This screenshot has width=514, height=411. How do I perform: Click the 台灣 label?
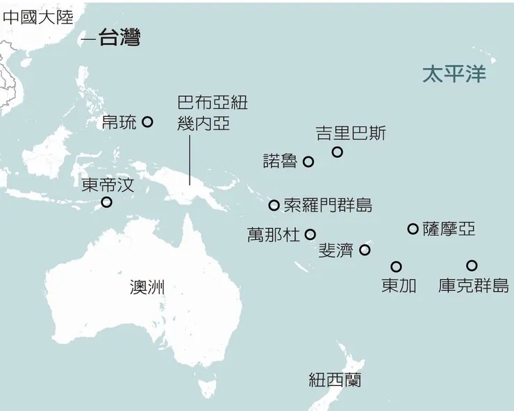click(119, 38)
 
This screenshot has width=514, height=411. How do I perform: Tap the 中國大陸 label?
click(37, 17)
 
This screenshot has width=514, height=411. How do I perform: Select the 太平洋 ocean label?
click(454, 74)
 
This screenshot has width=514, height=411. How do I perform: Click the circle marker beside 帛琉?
click(147, 122)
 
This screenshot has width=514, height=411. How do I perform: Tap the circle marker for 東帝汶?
click(106, 202)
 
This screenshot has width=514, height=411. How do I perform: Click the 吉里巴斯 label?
click(351, 133)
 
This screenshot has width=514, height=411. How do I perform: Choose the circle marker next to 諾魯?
click(308, 162)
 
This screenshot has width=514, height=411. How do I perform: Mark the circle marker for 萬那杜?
click(310, 235)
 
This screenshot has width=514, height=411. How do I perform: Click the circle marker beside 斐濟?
click(365, 250)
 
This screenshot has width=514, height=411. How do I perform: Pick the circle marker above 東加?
click(396, 266)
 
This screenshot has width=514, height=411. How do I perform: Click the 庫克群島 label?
click(474, 286)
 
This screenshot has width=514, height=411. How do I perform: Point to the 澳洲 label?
click(147, 287)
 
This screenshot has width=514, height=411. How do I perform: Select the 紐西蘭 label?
click(335, 380)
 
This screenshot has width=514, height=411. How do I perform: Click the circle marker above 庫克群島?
click(472, 265)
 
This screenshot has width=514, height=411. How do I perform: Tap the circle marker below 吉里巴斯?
click(337, 152)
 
